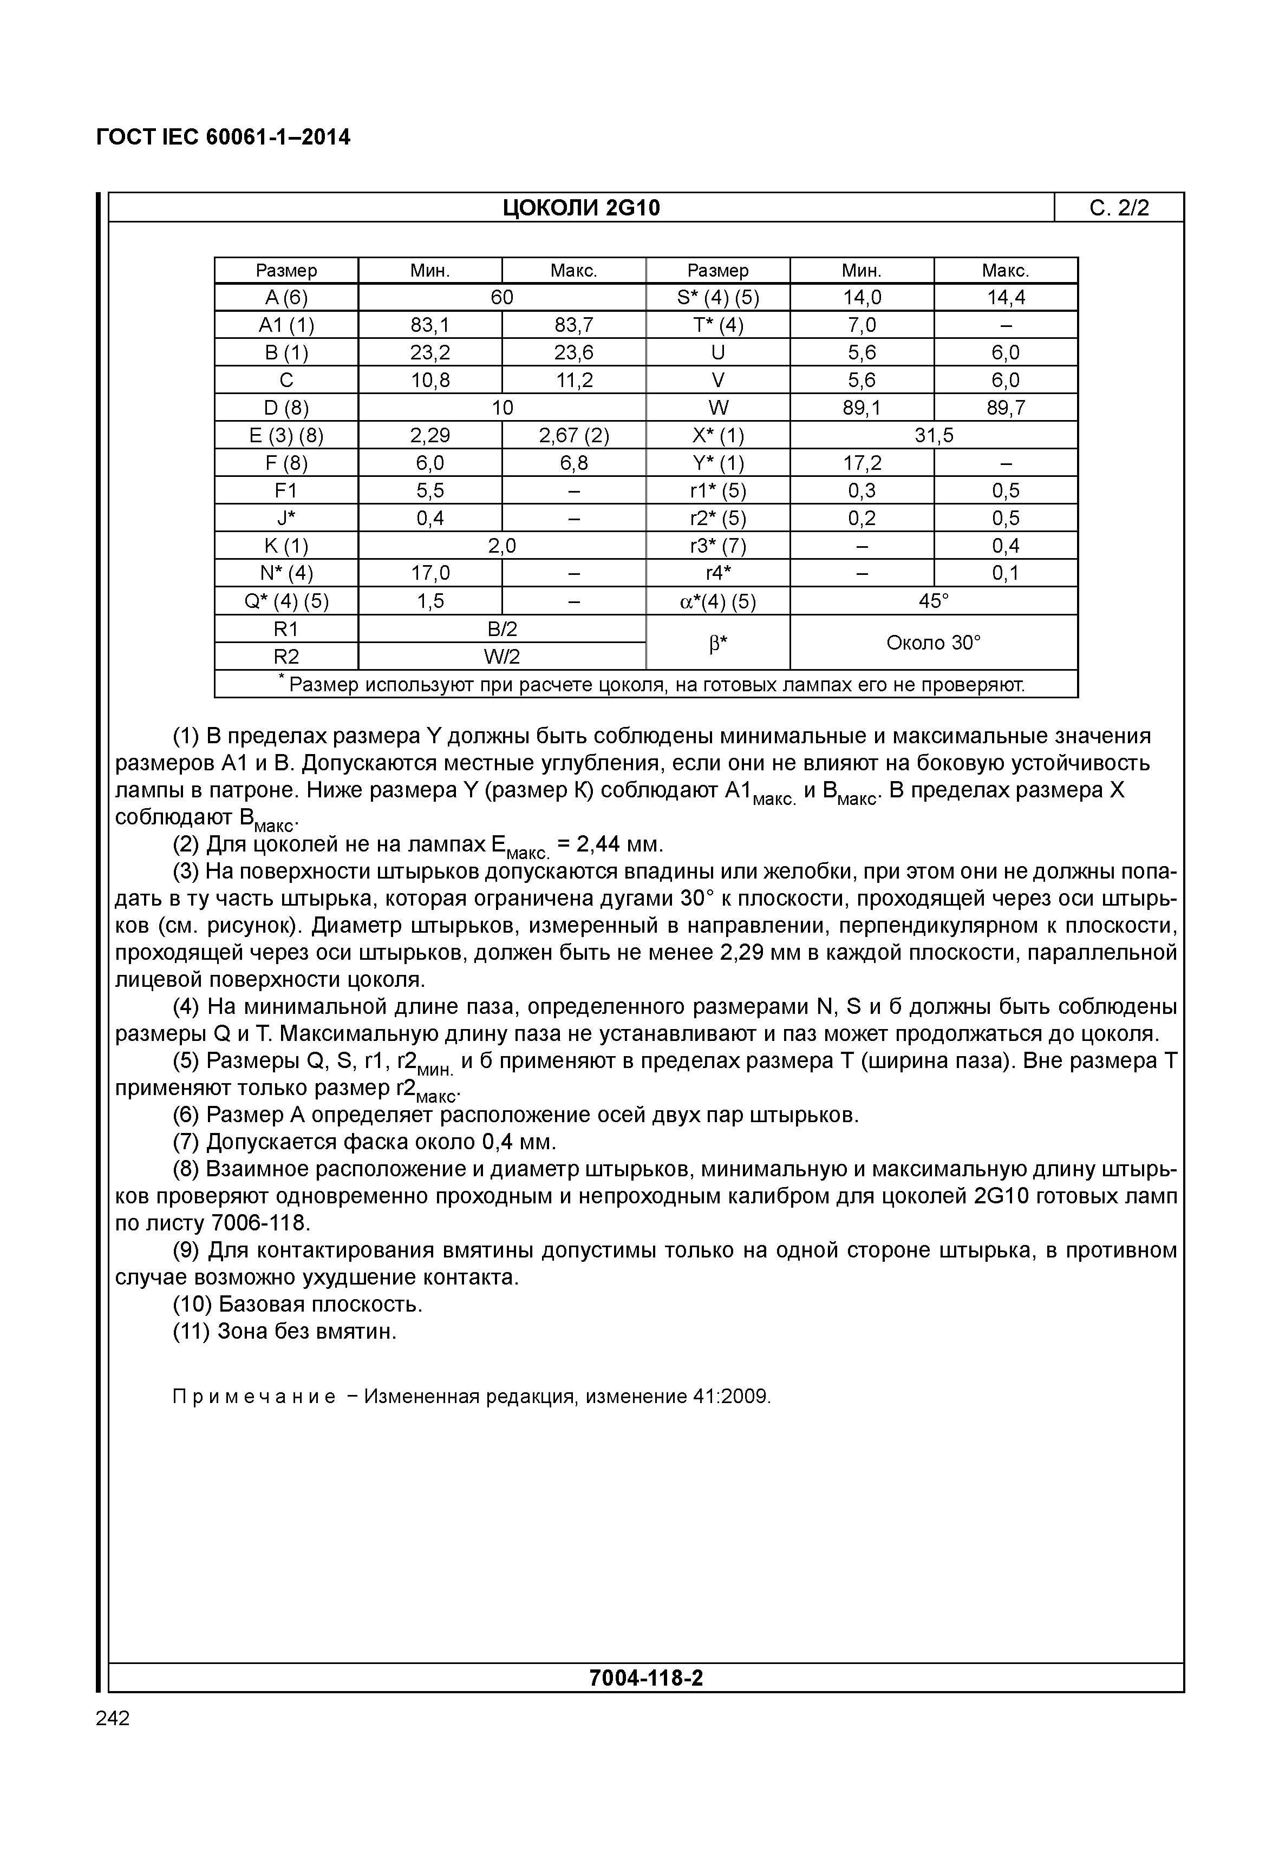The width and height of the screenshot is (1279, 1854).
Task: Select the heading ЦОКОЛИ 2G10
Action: coord(581,208)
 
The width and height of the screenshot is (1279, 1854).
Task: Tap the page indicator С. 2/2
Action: coord(1119,208)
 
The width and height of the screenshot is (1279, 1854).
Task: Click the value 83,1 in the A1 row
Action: coord(430,325)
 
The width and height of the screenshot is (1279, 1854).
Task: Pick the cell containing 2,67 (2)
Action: coord(574,435)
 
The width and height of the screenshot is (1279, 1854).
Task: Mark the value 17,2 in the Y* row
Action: coord(862,463)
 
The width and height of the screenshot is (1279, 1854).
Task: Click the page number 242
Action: coord(112,1719)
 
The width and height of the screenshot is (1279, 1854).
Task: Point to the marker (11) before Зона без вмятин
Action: coord(192,1332)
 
